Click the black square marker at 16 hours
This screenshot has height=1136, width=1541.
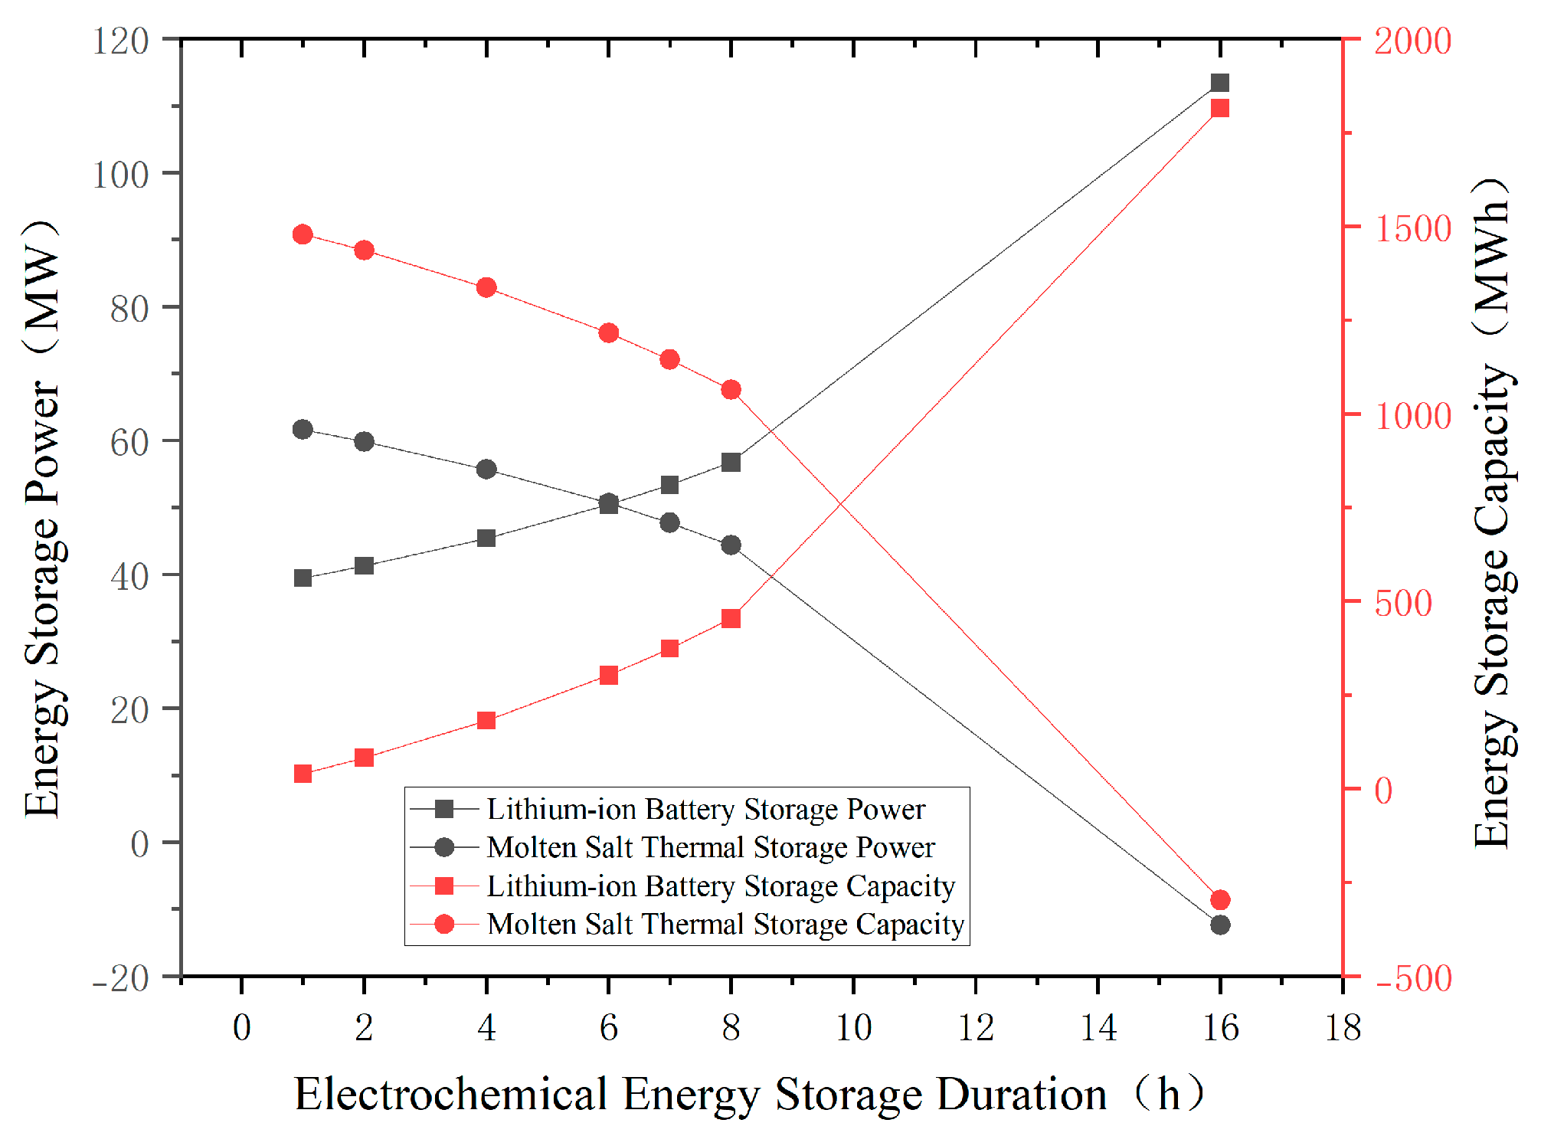click(x=1220, y=83)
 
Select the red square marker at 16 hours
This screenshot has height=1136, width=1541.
click(x=1220, y=108)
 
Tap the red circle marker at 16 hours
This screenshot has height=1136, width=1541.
click(x=1220, y=899)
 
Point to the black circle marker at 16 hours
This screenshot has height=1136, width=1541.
click(x=1220, y=925)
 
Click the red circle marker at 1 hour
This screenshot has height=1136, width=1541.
click(x=303, y=234)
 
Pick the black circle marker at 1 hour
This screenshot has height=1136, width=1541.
click(x=303, y=429)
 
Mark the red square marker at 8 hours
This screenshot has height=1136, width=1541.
click(x=731, y=618)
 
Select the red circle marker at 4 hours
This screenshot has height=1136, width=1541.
click(x=486, y=288)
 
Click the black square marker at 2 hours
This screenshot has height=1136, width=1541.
click(x=364, y=566)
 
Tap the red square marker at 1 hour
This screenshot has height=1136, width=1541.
click(x=303, y=774)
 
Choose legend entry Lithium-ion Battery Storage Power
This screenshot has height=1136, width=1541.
click(x=705, y=809)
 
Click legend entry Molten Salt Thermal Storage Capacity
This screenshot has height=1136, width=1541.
click(x=725, y=924)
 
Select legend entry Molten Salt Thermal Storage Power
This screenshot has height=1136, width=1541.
click(x=710, y=847)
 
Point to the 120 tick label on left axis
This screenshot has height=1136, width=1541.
click(x=120, y=41)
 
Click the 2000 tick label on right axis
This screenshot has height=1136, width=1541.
click(x=1412, y=41)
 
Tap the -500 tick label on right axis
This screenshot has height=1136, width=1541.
click(x=1412, y=978)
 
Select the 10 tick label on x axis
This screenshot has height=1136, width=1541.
click(x=853, y=1027)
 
